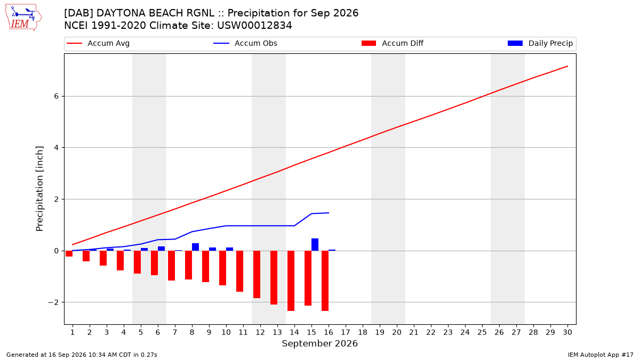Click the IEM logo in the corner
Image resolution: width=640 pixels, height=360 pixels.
point(23,18)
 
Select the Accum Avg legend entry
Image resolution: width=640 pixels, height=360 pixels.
point(98,43)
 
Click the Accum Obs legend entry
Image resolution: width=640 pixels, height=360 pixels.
point(245,43)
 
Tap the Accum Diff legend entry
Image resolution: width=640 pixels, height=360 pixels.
point(393,43)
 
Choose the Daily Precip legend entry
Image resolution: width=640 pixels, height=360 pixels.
point(540,43)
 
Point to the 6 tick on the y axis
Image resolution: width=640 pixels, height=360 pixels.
point(57,97)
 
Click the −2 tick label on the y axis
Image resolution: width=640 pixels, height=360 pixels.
point(53,302)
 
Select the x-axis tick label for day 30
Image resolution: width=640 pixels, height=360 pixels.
point(567,332)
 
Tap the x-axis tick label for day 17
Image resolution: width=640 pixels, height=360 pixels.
point(346,332)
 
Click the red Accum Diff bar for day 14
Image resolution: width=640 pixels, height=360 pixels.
point(291,281)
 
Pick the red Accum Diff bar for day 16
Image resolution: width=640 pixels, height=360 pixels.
point(325,281)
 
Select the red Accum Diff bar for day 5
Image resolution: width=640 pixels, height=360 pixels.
point(138,262)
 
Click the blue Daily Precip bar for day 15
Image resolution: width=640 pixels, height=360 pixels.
point(315,245)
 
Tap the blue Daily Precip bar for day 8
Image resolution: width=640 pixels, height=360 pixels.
point(195,247)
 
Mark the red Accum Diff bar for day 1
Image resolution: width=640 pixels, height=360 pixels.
point(69,253)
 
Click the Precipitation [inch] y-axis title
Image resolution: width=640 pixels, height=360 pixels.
point(39,189)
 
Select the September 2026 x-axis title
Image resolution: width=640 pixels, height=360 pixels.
point(319,343)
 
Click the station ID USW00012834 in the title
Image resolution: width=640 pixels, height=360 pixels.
point(254,26)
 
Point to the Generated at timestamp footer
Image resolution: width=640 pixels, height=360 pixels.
point(82,355)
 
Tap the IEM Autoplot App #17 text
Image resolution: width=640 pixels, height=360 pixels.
point(601,355)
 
